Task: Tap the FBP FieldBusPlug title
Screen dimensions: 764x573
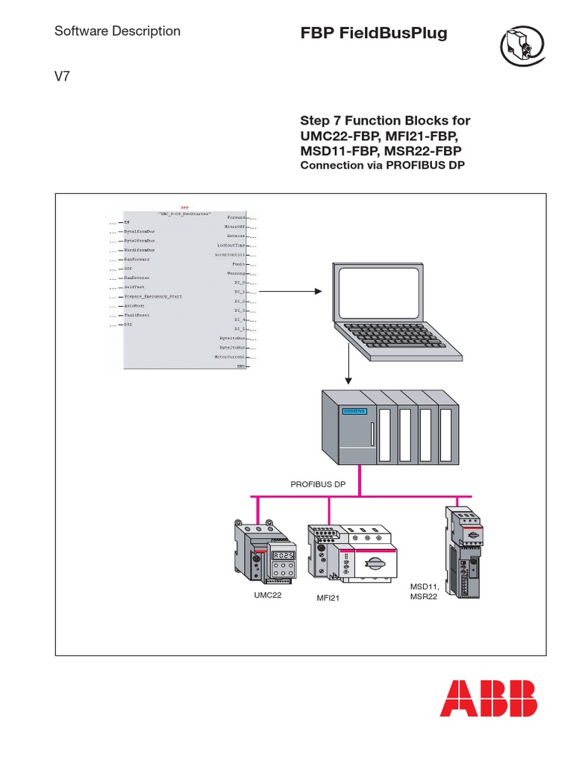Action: tap(374, 34)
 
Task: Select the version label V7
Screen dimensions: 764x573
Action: tap(63, 75)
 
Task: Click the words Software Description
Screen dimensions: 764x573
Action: tap(118, 31)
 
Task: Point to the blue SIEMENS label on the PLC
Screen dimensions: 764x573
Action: tap(354, 411)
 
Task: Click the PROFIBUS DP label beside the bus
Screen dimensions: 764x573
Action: tap(318, 484)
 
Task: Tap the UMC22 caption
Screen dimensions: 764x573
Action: tap(266, 595)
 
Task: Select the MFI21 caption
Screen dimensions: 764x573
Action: tap(326, 598)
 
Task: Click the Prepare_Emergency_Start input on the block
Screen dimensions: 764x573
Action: tap(153, 296)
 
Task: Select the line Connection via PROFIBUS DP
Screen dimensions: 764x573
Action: tap(382, 165)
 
